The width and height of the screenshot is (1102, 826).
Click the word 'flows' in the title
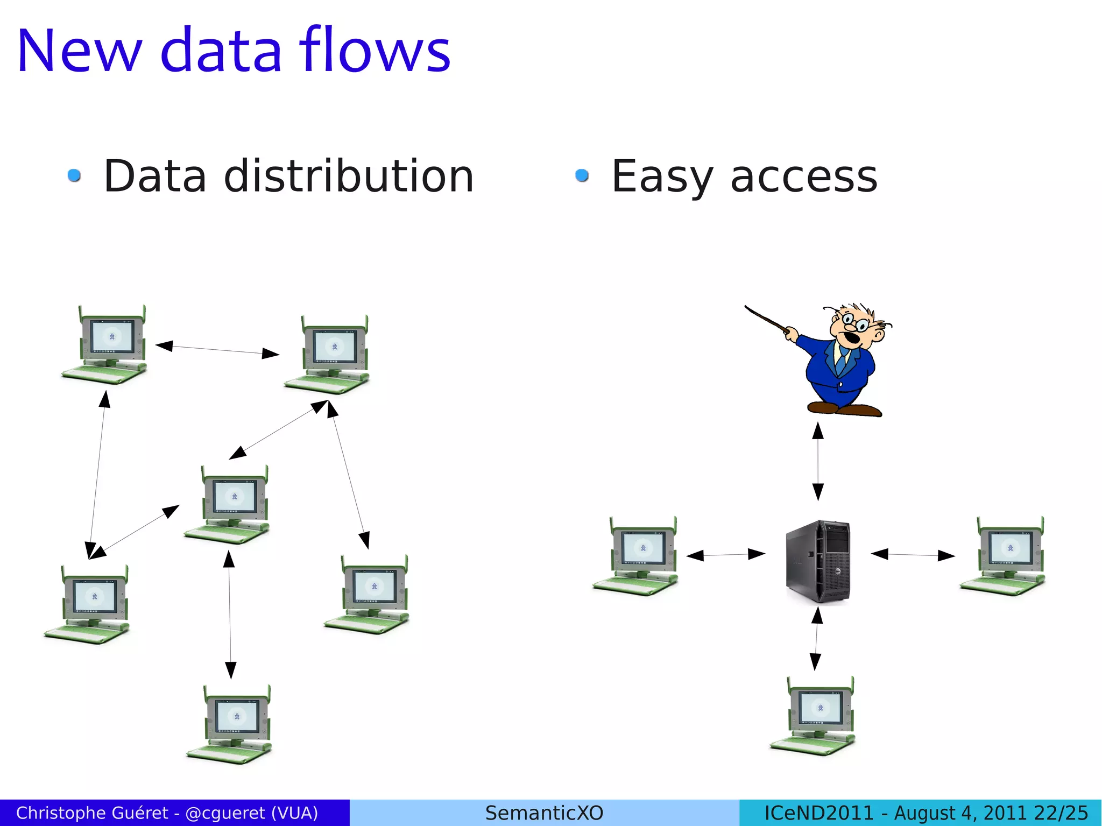click(375, 51)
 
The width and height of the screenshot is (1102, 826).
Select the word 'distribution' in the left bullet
click(348, 177)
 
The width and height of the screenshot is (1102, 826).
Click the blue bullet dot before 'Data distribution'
click(74, 175)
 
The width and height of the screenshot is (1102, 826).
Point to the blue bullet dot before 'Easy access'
click(582, 175)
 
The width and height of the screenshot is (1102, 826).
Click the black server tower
click(818, 561)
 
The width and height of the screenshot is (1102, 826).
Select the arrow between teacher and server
click(818, 462)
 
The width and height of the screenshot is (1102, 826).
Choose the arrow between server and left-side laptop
click(725, 554)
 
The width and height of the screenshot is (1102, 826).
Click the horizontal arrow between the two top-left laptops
click(217, 350)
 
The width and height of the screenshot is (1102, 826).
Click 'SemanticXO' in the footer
click(544, 813)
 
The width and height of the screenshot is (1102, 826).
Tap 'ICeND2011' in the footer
click(819, 813)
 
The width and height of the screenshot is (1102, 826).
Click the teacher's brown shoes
click(845, 410)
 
